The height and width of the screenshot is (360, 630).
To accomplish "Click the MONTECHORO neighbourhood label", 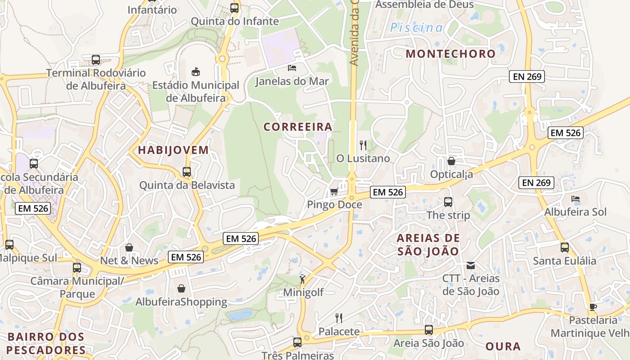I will click(x=450, y=54).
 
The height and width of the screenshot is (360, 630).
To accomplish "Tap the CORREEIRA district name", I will click(x=298, y=127).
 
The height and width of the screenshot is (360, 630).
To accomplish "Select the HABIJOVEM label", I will click(x=173, y=150).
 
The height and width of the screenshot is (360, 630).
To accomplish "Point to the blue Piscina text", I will click(x=416, y=28).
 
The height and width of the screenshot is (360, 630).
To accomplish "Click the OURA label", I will click(x=503, y=346).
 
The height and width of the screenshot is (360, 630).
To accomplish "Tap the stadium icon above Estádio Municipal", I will click(x=196, y=72).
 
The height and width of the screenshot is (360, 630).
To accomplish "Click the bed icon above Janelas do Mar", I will click(x=292, y=68).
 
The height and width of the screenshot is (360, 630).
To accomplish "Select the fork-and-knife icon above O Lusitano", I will click(x=363, y=145).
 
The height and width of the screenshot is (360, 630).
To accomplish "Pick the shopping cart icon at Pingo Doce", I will click(x=334, y=192).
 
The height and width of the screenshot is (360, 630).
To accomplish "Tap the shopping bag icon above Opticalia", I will click(x=451, y=161).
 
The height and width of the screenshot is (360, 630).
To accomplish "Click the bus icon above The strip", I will click(x=448, y=202).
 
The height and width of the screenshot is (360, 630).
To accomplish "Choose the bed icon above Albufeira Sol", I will click(x=575, y=199).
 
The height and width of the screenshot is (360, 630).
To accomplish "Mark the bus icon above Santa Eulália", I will click(x=565, y=247).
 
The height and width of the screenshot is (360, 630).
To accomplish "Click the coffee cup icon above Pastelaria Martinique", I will click(x=593, y=307).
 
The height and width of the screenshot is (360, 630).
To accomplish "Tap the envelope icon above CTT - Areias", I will click(x=471, y=265).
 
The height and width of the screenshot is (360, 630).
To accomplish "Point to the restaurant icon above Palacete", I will click(x=339, y=318).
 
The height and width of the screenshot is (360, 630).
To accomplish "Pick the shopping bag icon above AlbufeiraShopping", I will click(x=181, y=288).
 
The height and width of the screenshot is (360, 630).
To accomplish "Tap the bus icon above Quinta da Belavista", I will click(x=187, y=172).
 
